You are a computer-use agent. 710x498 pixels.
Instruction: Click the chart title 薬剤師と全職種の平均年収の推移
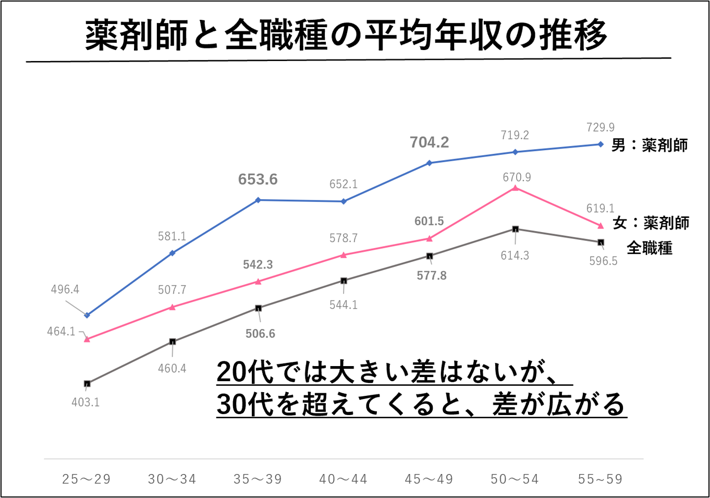click(346, 35)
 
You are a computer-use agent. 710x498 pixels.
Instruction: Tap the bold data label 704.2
click(429, 142)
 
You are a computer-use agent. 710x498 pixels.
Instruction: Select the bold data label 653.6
click(258, 179)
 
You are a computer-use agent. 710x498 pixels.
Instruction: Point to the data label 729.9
click(600, 127)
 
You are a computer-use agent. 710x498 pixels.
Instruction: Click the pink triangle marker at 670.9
click(515, 188)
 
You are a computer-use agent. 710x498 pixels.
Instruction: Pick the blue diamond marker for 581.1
click(173, 253)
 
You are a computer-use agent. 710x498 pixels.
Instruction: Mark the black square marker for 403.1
click(87, 384)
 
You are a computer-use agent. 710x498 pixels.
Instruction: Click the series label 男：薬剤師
click(649, 145)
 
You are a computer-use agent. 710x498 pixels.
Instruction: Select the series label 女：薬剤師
click(651, 223)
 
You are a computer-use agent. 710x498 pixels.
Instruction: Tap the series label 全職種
click(649, 248)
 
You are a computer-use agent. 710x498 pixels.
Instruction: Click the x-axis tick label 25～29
click(87, 479)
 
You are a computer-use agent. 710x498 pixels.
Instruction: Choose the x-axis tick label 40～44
click(343, 479)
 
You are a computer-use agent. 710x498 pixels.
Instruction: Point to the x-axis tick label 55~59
click(600, 479)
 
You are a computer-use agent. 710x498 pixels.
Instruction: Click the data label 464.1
click(61, 331)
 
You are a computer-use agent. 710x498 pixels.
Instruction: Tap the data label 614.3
click(515, 256)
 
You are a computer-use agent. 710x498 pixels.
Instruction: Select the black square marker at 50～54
click(515, 229)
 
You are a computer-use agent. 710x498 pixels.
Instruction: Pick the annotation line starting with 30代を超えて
click(421, 404)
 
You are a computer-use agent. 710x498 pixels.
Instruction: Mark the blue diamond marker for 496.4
click(87, 315)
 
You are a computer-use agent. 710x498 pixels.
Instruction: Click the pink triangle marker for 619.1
click(601, 226)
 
